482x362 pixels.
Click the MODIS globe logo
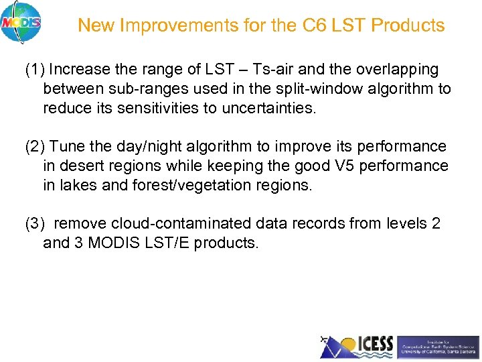tap(21, 22)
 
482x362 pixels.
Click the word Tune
tap(66, 147)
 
